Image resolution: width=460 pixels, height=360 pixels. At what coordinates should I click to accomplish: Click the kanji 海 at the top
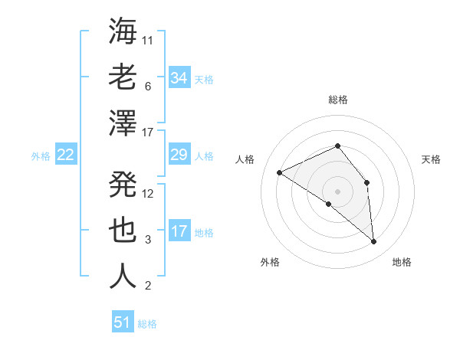click(x=123, y=32)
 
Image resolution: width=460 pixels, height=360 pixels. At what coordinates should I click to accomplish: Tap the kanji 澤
click(x=123, y=123)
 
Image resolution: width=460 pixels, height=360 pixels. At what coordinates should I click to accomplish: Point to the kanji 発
click(x=123, y=184)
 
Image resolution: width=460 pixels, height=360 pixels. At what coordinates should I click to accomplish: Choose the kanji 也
click(x=123, y=231)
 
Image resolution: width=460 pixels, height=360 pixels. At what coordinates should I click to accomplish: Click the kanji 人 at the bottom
click(x=123, y=276)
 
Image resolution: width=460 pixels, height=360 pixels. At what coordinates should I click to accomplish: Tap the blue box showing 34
click(x=179, y=78)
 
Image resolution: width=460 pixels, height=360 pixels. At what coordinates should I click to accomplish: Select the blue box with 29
click(x=179, y=155)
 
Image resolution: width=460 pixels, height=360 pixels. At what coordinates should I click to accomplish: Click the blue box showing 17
click(x=179, y=231)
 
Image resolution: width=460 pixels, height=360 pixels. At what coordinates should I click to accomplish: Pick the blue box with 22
click(x=66, y=155)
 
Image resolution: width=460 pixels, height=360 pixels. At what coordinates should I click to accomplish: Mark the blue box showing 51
click(x=123, y=322)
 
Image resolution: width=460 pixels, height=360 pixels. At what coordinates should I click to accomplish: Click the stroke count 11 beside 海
click(x=148, y=40)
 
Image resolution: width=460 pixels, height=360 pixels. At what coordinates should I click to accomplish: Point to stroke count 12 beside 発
click(x=148, y=193)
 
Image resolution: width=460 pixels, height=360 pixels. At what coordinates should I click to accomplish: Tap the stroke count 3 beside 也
click(x=148, y=240)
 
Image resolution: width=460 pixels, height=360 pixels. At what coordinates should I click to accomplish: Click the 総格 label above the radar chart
click(x=337, y=100)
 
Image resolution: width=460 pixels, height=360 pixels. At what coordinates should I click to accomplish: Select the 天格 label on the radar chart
click(x=431, y=159)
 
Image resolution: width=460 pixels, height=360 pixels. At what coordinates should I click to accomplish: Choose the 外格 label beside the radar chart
click(x=270, y=262)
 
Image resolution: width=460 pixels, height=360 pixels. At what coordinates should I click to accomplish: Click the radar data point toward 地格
click(x=374, y=242)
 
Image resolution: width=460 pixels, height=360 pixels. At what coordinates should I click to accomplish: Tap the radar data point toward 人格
click(x=280, y=172)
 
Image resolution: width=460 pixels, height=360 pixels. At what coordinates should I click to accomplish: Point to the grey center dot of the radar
click(x=337, y=191)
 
